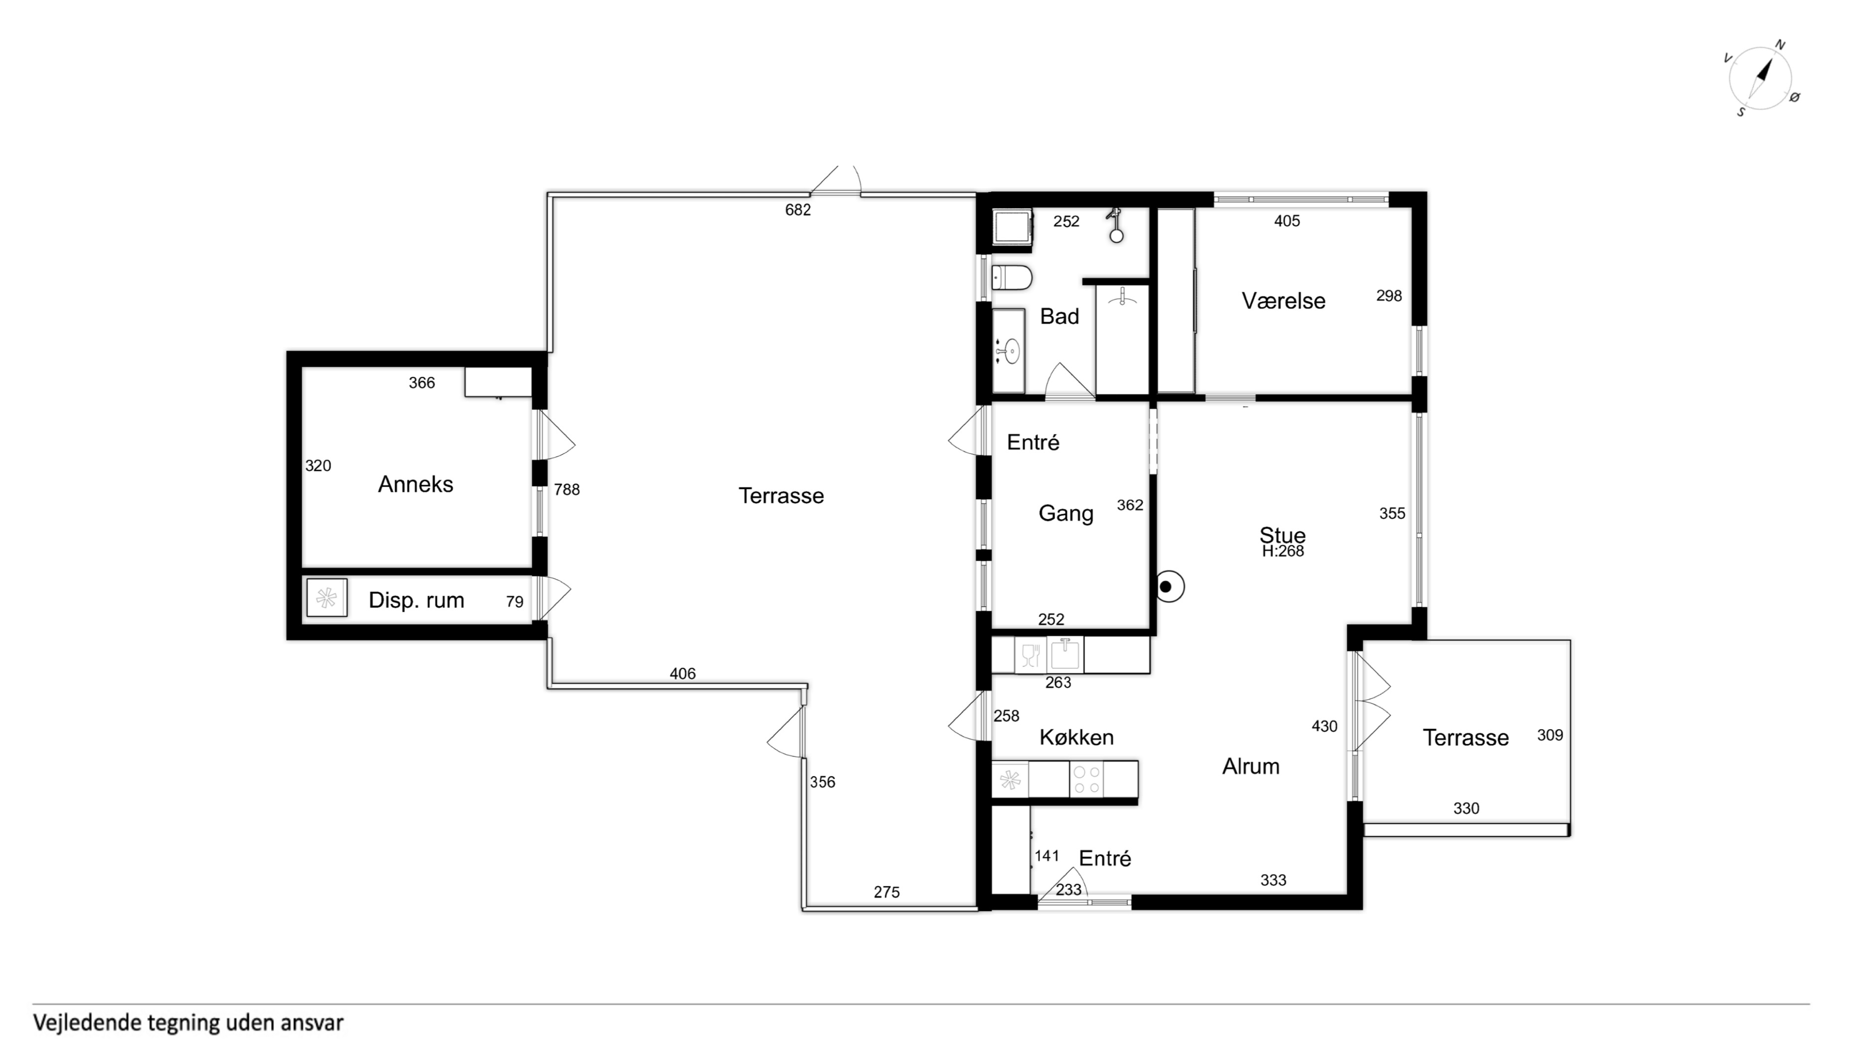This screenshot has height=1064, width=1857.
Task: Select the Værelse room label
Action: coord(1283,300)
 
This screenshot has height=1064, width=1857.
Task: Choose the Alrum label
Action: coord(1251,766)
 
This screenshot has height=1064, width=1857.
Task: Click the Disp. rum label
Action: coord(416,600)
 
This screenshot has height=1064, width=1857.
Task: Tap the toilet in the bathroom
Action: coord(1012,278)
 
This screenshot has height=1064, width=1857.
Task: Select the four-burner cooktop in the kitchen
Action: coord(1086,779)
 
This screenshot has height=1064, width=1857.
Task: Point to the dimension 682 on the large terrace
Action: coord(797,210)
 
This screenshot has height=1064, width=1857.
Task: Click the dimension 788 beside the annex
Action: coord(567,490)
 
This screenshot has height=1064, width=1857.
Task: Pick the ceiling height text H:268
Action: coord(1282,552)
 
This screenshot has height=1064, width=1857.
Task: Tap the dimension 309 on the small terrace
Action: coord(1550,735)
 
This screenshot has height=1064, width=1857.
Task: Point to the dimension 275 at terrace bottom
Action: coord(886,892)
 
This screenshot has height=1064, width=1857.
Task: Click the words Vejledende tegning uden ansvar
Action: coord(188,1022)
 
